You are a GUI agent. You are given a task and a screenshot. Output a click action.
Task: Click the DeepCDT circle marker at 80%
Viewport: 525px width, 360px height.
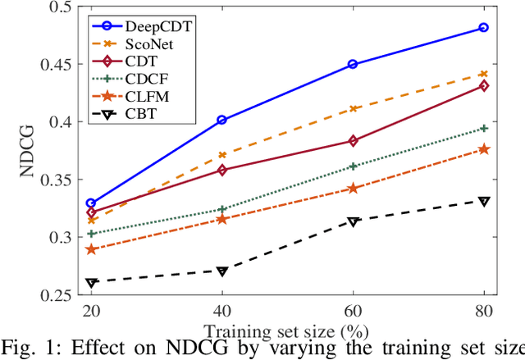pos(484,28)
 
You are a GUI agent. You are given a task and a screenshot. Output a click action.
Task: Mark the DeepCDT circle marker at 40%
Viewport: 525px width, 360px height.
pos(221,120)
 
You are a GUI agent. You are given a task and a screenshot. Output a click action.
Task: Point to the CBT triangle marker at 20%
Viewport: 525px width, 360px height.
pos(91,283)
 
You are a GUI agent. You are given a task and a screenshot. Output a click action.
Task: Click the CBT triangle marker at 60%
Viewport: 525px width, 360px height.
pos(353,221)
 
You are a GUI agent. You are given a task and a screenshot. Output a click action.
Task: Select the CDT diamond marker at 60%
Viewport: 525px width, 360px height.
pos(353,141)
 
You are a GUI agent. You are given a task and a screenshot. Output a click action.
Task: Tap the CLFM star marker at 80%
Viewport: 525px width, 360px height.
pos(484,148)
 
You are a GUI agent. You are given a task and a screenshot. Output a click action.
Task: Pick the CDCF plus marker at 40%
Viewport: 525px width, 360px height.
pos(221,209)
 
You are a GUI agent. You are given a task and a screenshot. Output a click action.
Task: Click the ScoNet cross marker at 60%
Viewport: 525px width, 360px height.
pos(353,108)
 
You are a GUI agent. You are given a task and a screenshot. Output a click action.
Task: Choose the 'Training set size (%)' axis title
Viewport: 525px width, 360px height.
pos(286,331)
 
